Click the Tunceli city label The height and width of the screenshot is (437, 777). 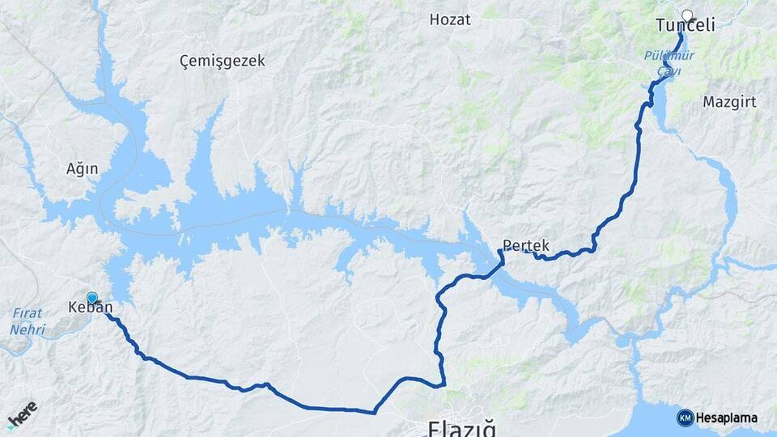pyautogui.click(x=685, y=26)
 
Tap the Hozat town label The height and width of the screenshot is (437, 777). pyautogui.click(x=450, y=19)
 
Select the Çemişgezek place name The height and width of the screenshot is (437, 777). pyautogui.click(x=222, y=61)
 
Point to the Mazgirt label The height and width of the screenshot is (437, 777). pyautogui.click(x=729, y=102)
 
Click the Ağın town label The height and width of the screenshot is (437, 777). pyautogui.click(x=82, y=169)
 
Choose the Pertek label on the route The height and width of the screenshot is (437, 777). pyautogui.click(x=526, y=244)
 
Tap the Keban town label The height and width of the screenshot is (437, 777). pyautogui.click(x=91, y=308)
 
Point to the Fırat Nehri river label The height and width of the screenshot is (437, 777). pyautogui.click(x=28, y=321)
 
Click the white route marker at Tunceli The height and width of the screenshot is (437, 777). pyautogui.click(x=688, y=15)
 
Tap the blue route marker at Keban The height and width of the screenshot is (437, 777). pyautogui.click(x=92, y=298)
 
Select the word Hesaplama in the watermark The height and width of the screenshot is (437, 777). pyautogui.click(x=727, y=418)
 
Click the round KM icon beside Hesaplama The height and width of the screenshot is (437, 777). pyautogui.click(x=685, y=418)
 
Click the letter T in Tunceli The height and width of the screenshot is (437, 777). pyautogui.click(x=660, y=26)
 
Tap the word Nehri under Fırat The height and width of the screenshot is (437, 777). pyautogui.click(x=28, y=329)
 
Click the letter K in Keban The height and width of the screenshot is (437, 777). pyautogui.click(x=74, y=308)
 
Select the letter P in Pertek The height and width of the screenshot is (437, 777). pyautogui.click(x=507, y=244)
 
